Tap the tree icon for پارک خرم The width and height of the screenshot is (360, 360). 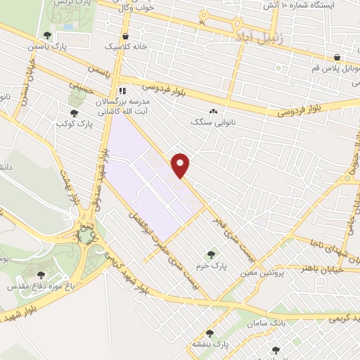[209, 253]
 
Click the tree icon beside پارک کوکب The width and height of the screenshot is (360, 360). [74, 113]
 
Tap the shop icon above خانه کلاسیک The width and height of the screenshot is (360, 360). [125, 37]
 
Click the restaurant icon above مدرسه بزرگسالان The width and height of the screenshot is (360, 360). [122, 90]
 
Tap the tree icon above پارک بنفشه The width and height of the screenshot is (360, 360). [210, 333]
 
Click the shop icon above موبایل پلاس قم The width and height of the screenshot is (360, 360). [337, 58]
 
